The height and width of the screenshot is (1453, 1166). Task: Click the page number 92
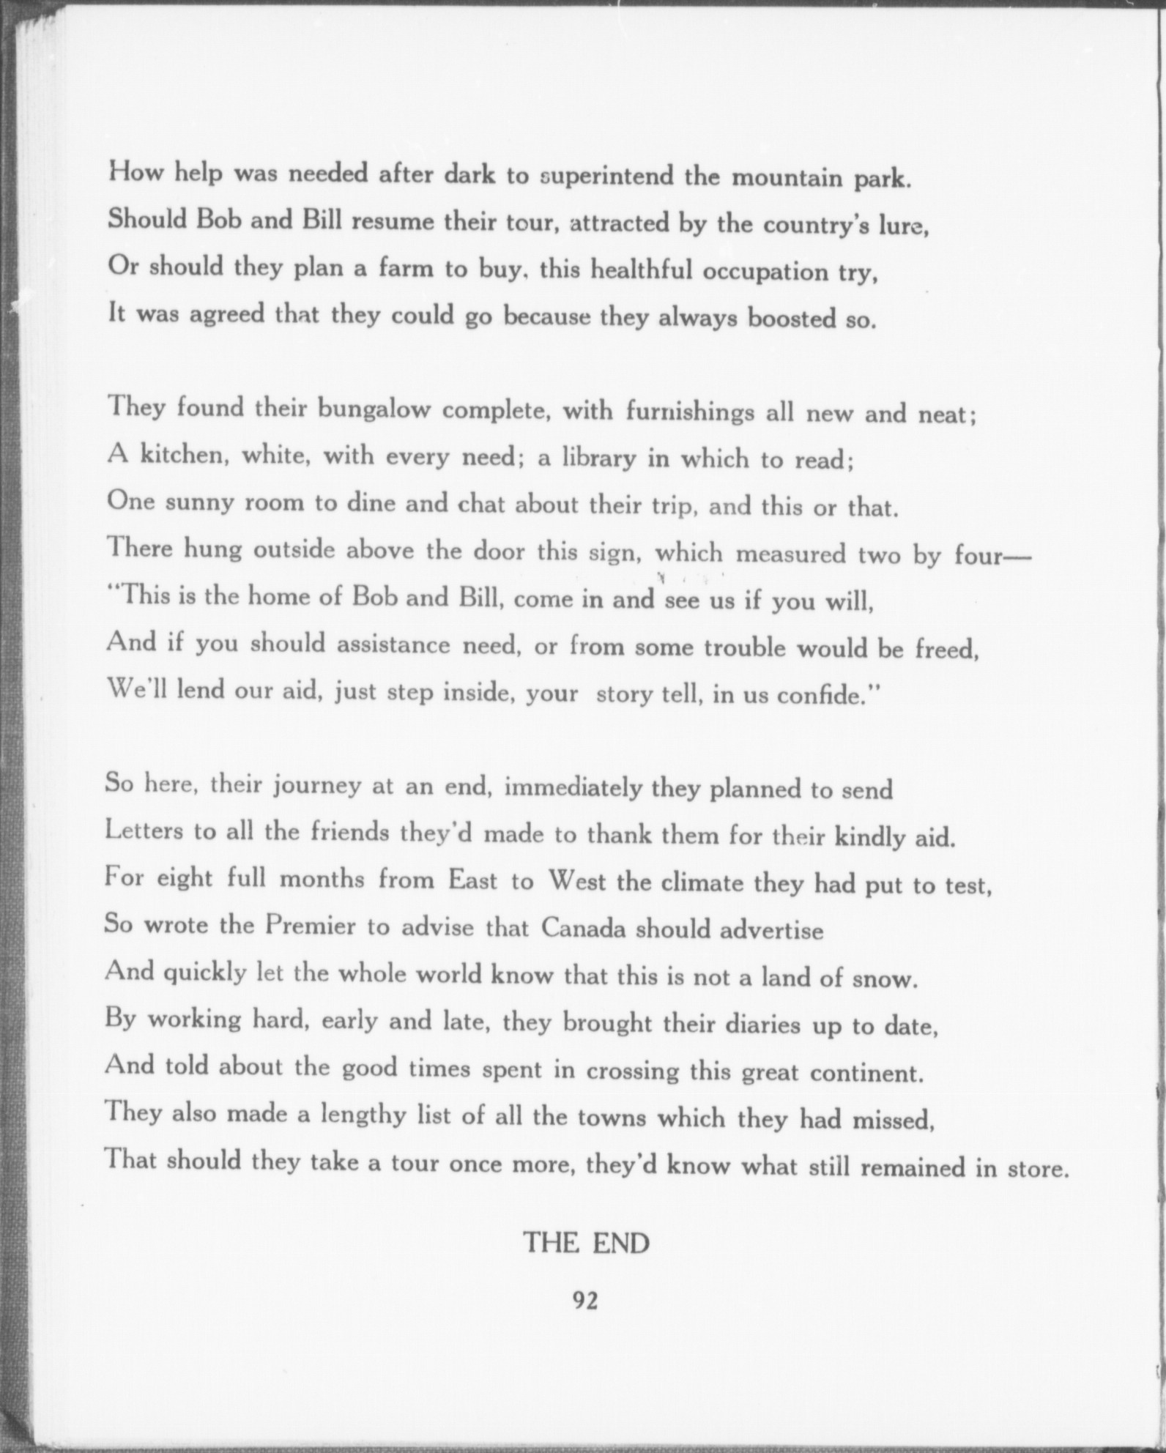(x=585, y=1300)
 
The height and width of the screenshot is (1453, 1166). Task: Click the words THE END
(x=586, y=1243)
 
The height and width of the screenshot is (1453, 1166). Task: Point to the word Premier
(x=311, y=926)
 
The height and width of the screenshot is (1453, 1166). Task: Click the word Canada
(x=584, y=929)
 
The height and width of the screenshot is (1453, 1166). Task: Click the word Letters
(x=144, y=831)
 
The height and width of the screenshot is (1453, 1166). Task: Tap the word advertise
(x=771, y=930)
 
